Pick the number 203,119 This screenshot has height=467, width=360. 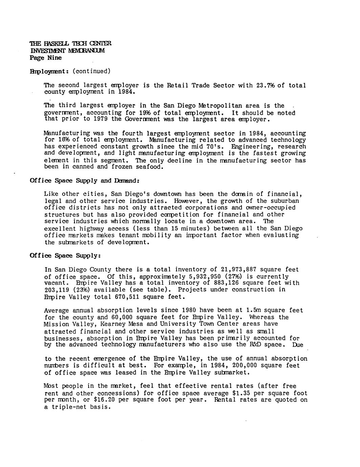point(57,290)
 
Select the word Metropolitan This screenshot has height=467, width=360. point(219,106)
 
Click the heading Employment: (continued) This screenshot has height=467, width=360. point(70,71)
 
